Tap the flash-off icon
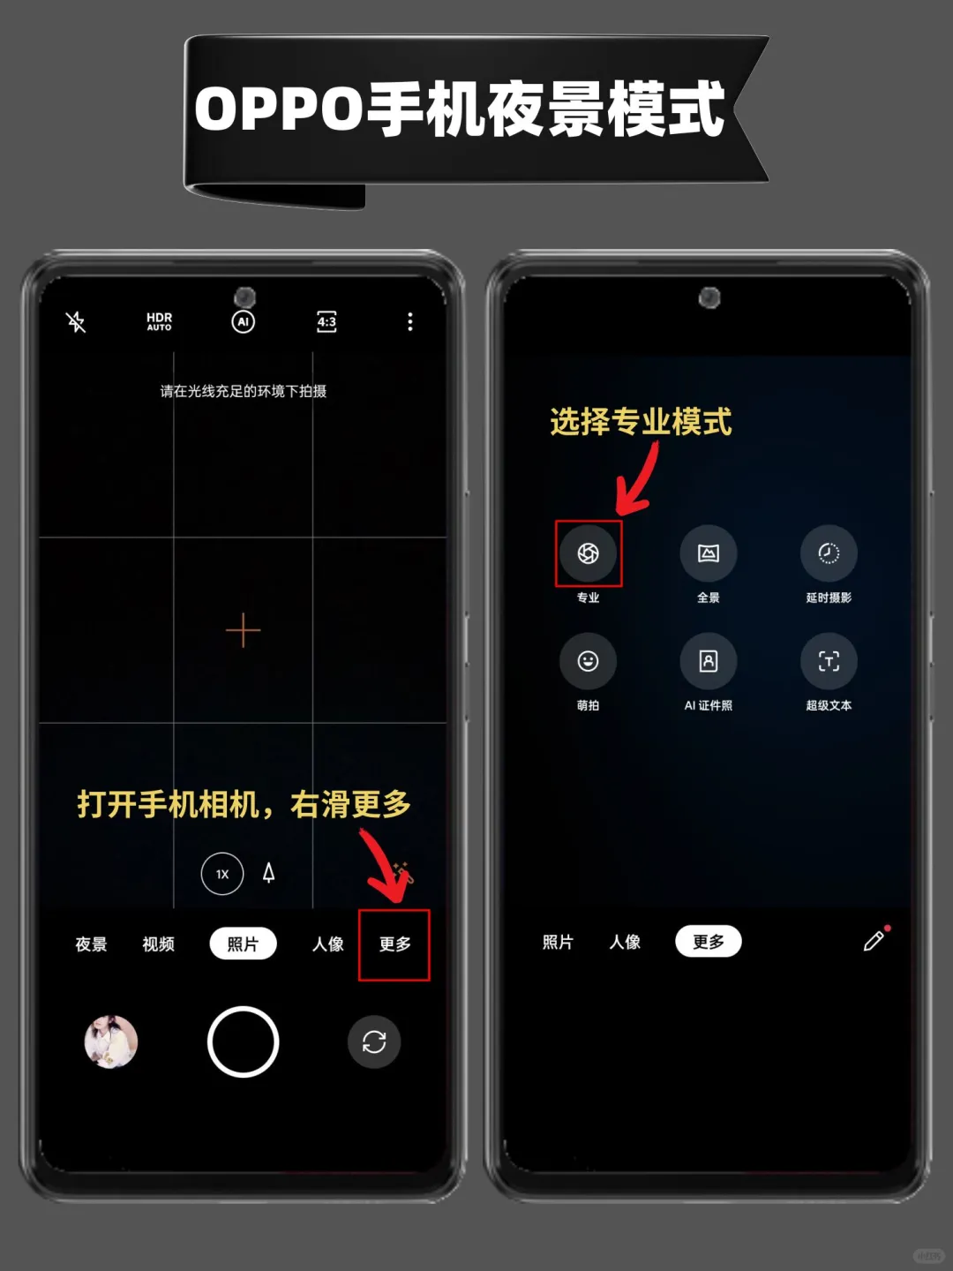76,322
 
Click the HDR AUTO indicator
159,322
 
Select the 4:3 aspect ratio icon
326,322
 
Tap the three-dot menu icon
409,322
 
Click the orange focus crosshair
243,630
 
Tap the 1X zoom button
222,874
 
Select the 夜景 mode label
92,944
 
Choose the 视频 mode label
159,944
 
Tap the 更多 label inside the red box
394,944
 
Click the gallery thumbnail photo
111,1042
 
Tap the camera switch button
374,1042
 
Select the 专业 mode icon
588,553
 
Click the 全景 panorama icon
709,553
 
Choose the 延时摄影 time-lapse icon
829,553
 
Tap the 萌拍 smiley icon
588,661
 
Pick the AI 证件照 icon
709,661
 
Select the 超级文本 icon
829,661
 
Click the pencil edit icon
874,941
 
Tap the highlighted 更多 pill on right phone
709,942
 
